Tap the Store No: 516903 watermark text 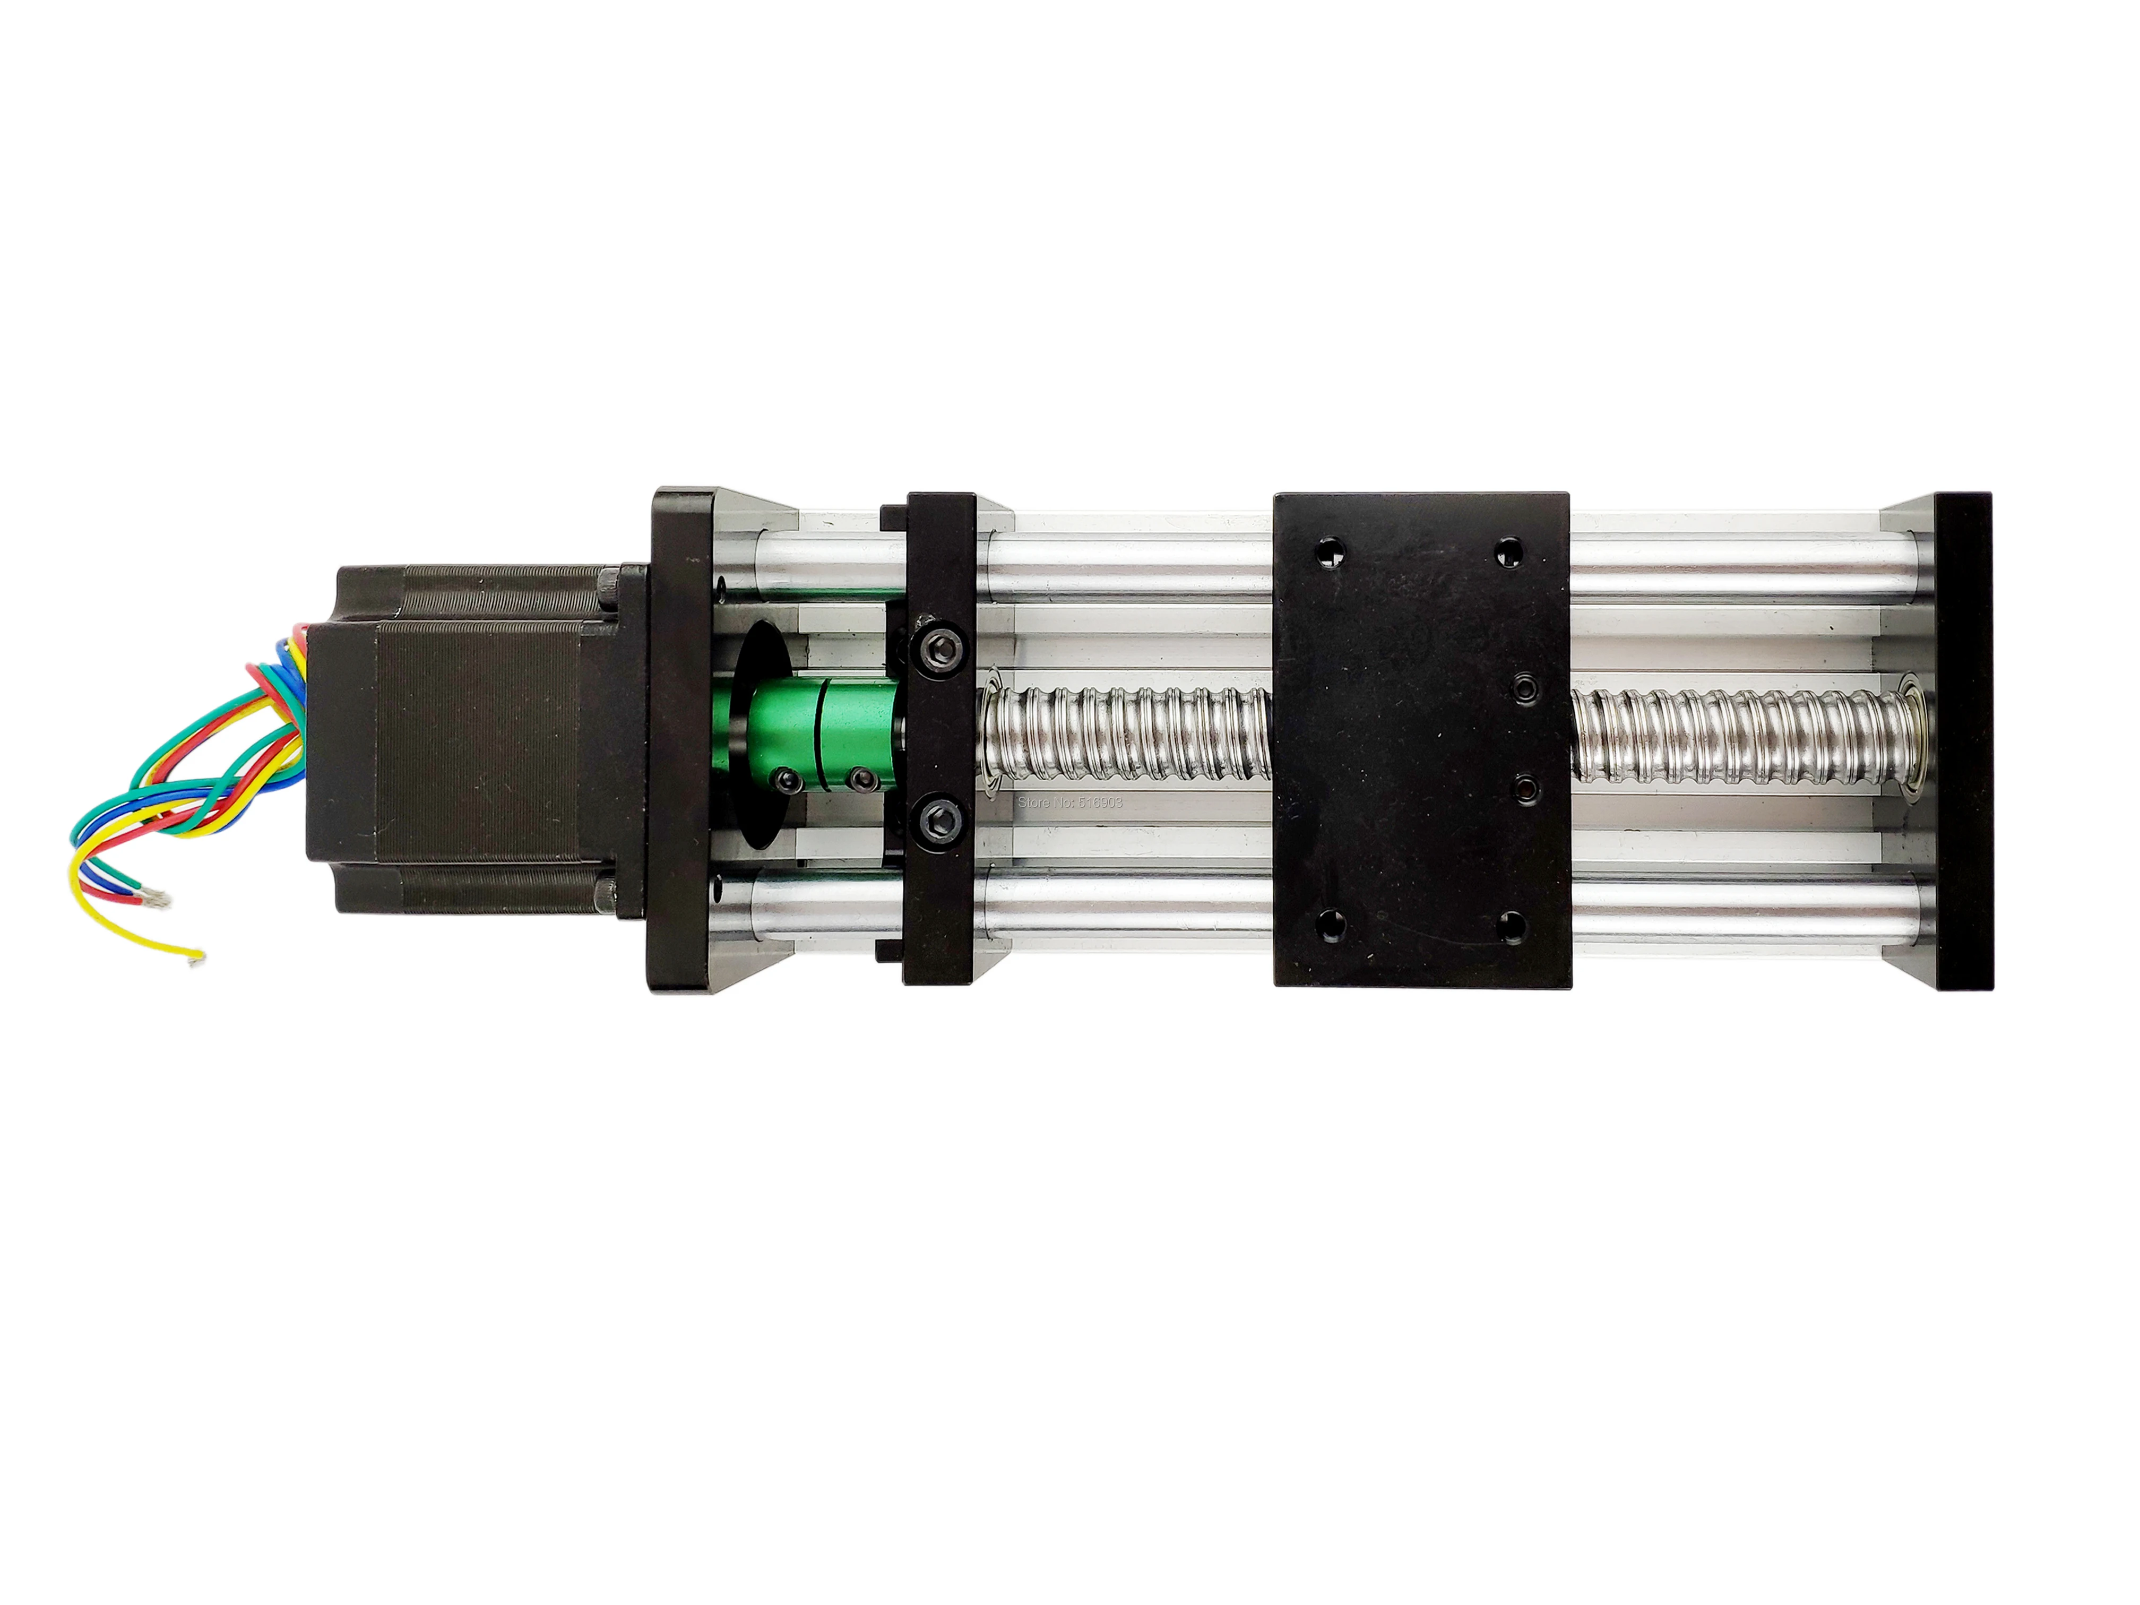pyautogui.click(x=1070, y=802)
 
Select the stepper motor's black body pyautogui.click(x=464, y=740)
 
